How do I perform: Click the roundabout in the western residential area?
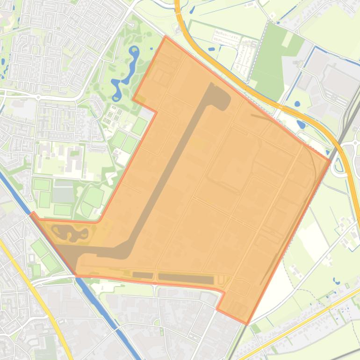click(38, 97)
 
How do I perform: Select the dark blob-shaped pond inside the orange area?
click(68, 232)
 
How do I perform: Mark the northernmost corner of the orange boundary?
click(165, 36)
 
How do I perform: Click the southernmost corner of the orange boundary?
click(246, 324)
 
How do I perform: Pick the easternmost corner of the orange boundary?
click(330, 160)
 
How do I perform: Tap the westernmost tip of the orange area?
click(32, 214)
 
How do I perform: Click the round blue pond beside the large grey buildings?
click(298, 104)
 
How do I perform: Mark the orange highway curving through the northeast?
click(262, 96)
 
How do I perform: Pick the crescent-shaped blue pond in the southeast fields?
click(336, 281)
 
